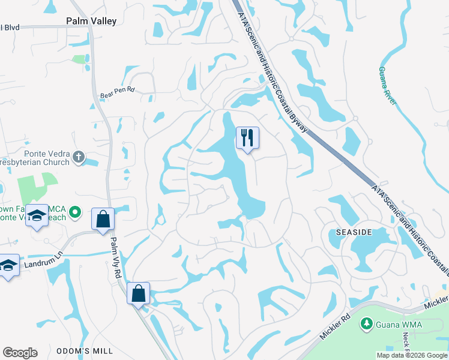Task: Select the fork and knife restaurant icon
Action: [x=247, y=138]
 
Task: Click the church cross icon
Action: [x=77, y=157]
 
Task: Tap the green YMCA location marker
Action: [x=75, y=212]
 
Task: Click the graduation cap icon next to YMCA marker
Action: [x=37, y=216]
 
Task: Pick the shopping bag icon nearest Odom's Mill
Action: [x=138, y=294]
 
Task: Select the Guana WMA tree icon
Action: [x=366, y=324]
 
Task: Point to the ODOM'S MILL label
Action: [x=82, y=351]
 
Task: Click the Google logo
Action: [x=20, y=353]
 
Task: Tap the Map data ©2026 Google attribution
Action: [x=412, y=355]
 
